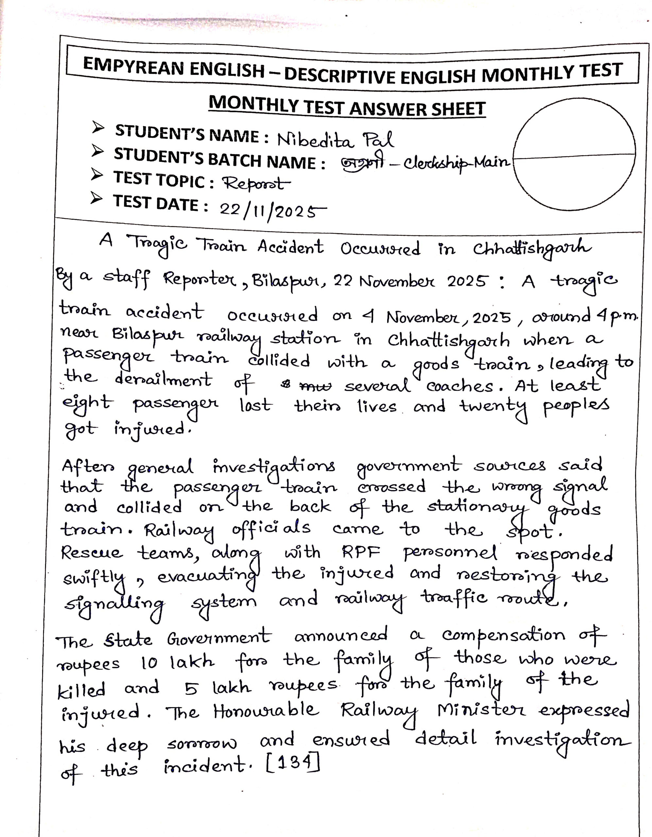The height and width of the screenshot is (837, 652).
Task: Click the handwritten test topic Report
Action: [256, 184]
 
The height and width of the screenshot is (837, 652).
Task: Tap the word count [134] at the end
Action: [292, 766]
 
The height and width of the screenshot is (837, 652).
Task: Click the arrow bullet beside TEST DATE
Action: [96, 199]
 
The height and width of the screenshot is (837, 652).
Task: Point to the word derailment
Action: [163, 380]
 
